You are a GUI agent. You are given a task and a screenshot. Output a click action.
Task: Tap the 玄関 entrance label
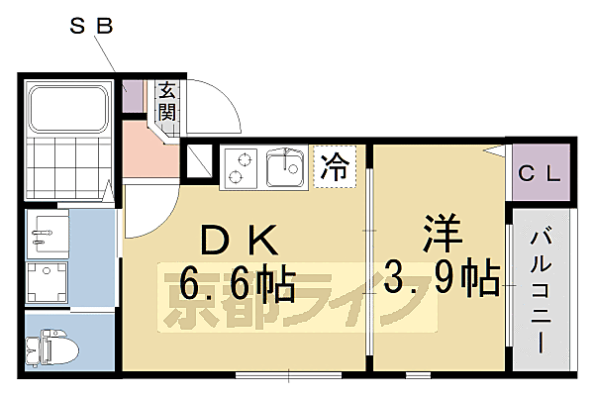(166, 101)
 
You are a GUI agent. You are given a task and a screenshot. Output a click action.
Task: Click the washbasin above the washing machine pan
(46, 235)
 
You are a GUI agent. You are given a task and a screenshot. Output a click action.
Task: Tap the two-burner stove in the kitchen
(240, 166)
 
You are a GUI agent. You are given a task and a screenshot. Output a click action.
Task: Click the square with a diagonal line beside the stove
(199, 161)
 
